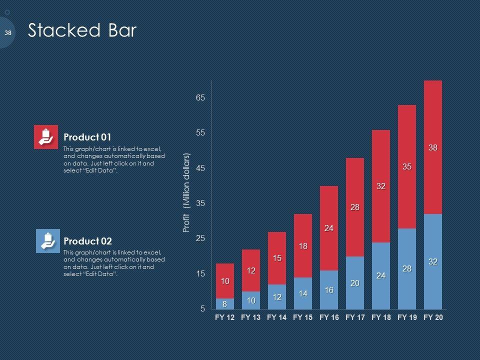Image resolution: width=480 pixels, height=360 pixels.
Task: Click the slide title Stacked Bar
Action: coord(82,31)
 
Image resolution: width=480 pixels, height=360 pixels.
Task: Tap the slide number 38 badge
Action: coord(7,32)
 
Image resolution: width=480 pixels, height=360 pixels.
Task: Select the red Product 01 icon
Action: coord(46,137)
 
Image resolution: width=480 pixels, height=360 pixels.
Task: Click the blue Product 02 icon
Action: coord(48,241)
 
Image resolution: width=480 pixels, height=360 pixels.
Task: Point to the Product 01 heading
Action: coord(87,137)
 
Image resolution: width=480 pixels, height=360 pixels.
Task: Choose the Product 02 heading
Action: coord(88,241)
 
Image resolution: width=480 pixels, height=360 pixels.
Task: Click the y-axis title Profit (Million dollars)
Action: coord(186,192)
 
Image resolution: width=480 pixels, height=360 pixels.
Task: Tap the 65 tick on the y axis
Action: coord(200,98)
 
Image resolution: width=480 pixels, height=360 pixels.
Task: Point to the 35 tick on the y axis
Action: coord(200,203)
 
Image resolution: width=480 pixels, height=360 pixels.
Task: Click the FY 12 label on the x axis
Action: coord(224,317)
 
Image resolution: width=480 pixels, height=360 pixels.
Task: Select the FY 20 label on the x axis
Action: coord(433,317)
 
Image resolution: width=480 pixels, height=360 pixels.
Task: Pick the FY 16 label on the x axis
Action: coord(329,317)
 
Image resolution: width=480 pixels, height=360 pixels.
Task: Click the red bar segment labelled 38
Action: coord(433,147)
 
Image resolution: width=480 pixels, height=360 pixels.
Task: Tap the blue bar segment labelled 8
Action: coord(225,304)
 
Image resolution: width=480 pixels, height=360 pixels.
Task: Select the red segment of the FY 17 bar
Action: coord(355,207)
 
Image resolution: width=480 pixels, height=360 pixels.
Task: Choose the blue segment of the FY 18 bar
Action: coord(381,275)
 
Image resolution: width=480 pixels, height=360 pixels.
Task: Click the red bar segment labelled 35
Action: coord(407,166)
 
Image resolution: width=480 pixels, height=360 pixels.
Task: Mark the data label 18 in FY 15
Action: coord(303,246)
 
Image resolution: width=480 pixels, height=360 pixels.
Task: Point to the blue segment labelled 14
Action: coord(303,293)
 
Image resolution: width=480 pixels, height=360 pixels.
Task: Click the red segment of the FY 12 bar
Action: coord(225,281)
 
